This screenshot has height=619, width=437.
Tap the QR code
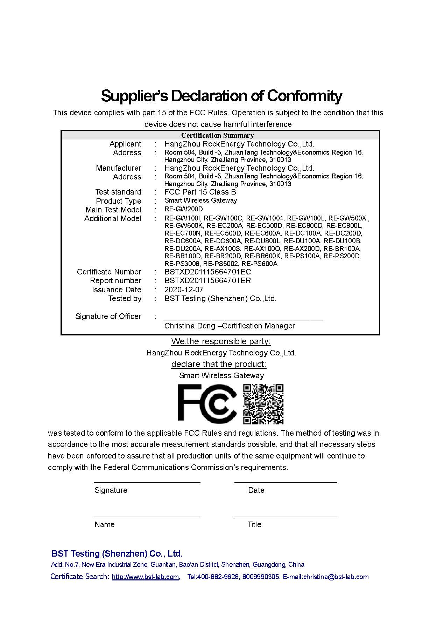[x=263, y=404]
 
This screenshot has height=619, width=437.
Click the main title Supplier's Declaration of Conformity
[x=221, y=96]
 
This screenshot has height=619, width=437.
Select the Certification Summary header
[x=217, y=135]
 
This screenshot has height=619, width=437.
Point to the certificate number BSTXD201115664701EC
[x=207, y=272]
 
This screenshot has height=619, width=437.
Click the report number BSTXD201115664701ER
[x=207, y=280]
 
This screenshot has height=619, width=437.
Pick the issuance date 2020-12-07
[x=184, y=290]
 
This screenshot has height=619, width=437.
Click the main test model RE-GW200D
[x=183, y=209]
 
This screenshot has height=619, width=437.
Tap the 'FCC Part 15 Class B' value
[x=200, y=192]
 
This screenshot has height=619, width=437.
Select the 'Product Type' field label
[x=118, y=201]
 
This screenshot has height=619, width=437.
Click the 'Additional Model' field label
[x=112, y=218]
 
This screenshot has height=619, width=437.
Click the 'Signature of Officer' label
[x=108, y=316]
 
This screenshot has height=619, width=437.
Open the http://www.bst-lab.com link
[x=145, y=577]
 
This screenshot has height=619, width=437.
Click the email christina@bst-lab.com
[x=336, y=577]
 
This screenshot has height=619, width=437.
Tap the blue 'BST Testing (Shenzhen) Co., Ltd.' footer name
[x=117, y=553]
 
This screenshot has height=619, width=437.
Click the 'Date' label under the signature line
[x=256, y=490]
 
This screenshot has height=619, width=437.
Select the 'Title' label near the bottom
[x=254, y=524]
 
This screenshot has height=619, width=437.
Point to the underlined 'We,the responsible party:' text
[x=221, y=341]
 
